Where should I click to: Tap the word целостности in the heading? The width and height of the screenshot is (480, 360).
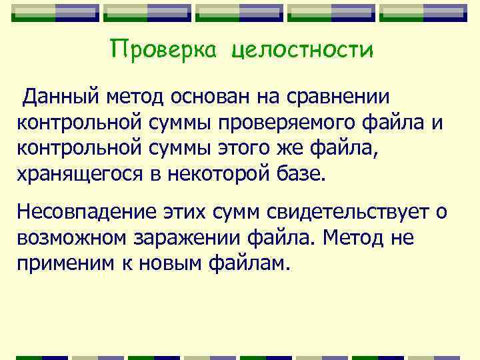pyautogui.click(x=303, y=51)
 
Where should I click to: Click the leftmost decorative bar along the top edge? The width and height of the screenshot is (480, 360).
pyautogui.click(x=55, y=13)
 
